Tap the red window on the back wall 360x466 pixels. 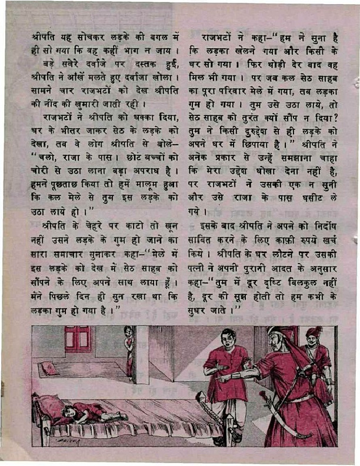78,339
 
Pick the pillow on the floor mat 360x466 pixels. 51,369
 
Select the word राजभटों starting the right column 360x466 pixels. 216,37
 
